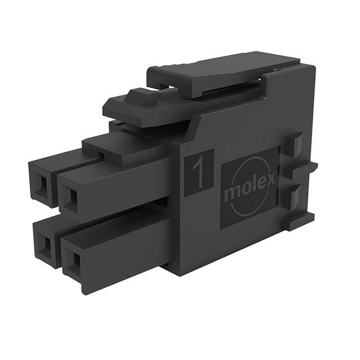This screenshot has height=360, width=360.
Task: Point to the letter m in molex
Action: [231, 195]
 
